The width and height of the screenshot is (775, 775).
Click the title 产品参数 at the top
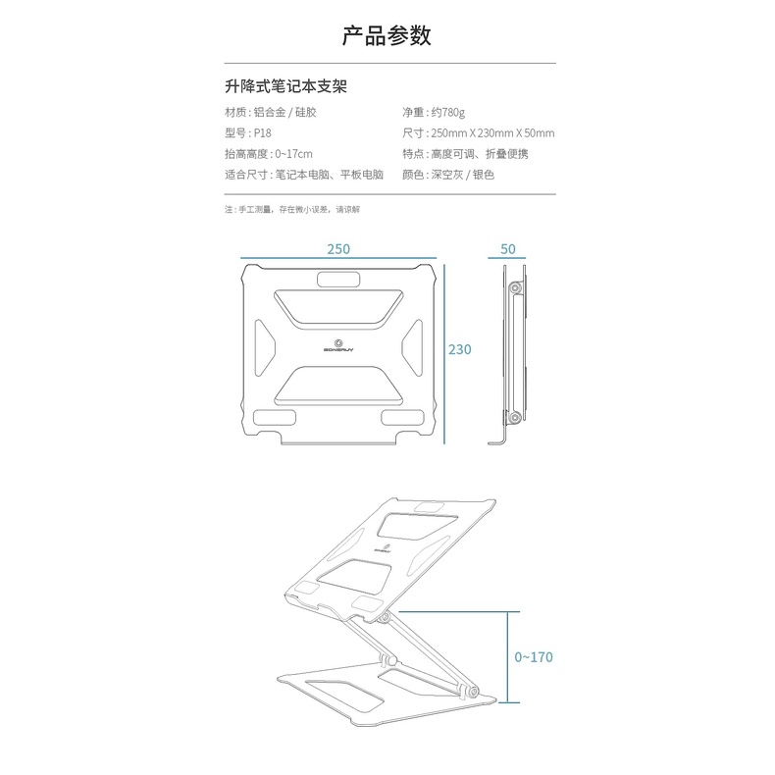(x=387, y=37)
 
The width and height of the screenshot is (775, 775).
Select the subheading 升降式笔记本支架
(x=285, y=87)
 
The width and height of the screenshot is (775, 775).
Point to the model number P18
(x=262, y=133)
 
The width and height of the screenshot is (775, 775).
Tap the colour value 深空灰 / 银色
(x=462, y=176)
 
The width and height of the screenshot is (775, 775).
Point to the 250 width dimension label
(x=338, y=249)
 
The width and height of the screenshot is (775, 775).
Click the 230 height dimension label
(x=460, y=350)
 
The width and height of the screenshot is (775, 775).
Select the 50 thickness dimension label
(x=507, y=249)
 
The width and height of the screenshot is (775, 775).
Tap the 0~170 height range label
(x=534, y=657)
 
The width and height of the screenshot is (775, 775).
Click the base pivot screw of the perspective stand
(x=474, y=694)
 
